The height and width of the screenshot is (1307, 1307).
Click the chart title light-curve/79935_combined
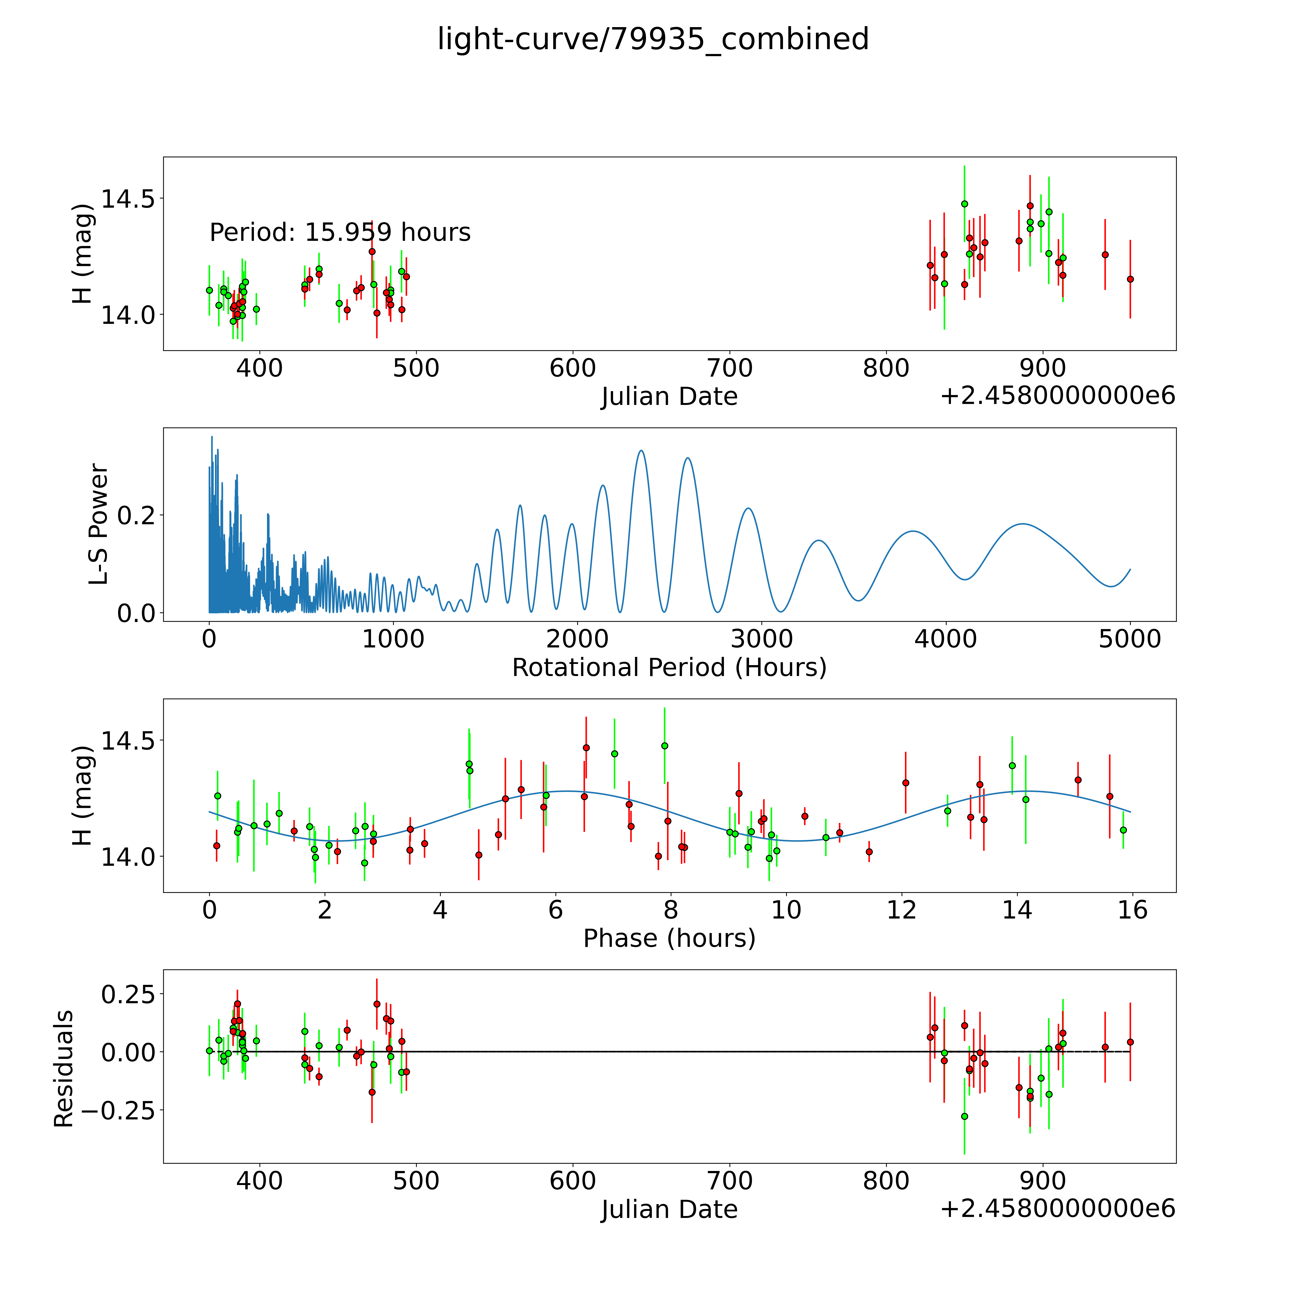pos(653,39)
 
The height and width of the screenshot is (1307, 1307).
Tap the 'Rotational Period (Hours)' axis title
pos(669,668)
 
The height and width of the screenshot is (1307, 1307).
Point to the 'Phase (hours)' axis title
pos(669,938)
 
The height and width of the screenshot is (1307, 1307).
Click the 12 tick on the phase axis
pos(902,910)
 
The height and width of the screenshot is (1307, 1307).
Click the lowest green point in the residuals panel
pos(965,1116)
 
